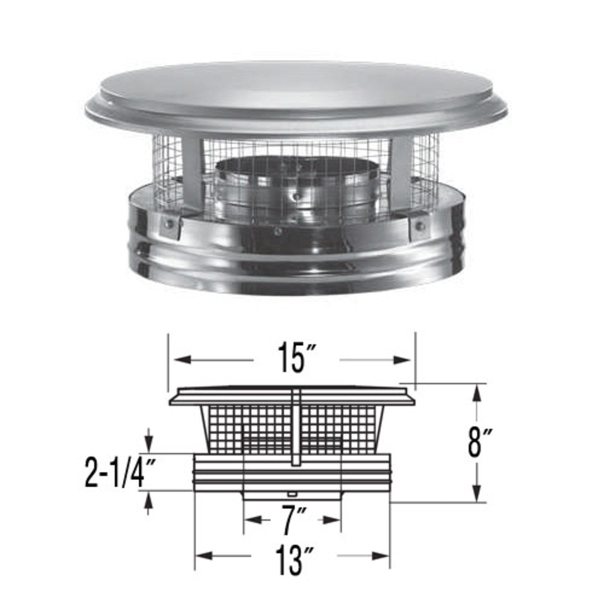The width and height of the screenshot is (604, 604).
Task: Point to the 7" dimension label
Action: [x=292, y=520]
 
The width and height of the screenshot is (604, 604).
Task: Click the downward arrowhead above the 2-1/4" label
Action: [x=150, y=444]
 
